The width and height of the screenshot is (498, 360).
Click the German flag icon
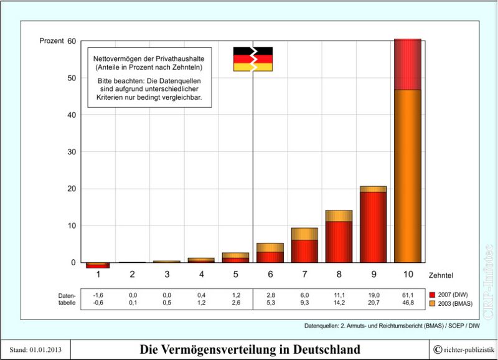(x=253, y=59)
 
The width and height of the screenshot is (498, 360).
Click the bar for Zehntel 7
(x=304, y=246)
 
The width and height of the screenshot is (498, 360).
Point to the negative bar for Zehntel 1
(x=98, y=265)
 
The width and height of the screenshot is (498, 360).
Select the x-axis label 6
(x=270, y=274)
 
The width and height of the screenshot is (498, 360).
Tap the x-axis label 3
(x=166, y=274)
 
